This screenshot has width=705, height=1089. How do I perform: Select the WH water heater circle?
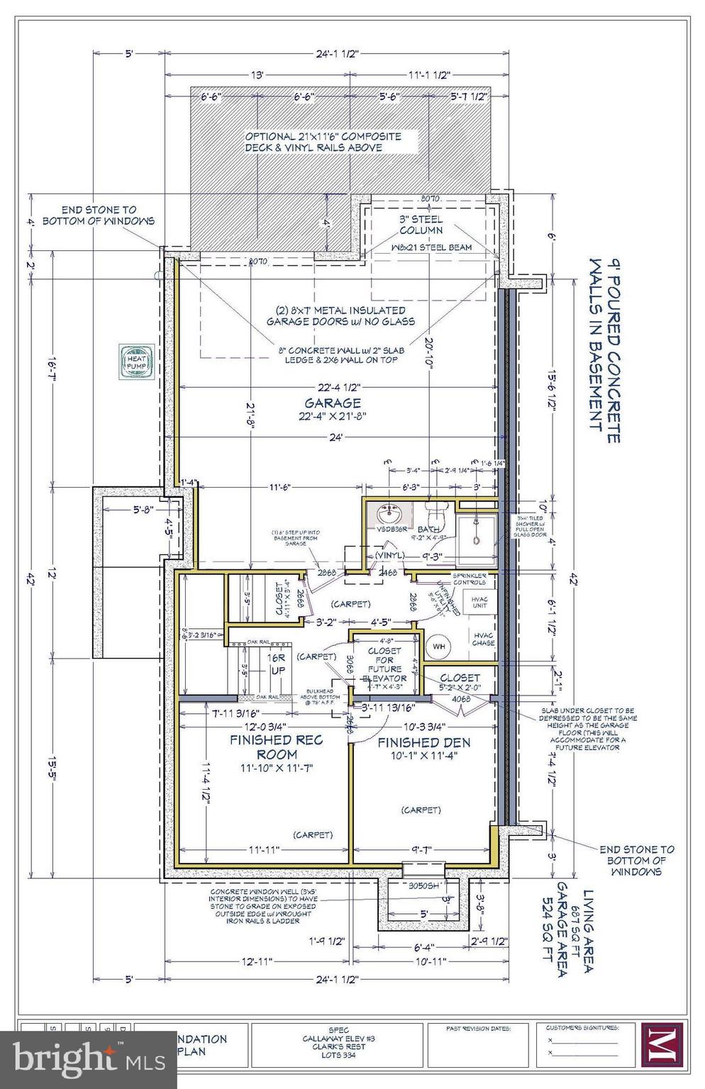[x=439, y=647]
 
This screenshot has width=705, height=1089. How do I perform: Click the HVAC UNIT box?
[x=479, y=603]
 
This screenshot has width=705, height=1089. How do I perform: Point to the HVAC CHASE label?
[x=483, y=638]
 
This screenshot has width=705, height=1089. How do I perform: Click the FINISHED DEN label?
[x=423, y=743]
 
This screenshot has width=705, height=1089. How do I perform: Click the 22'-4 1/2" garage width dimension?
[x=338, y=387]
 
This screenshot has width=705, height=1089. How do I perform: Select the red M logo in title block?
[x=661, y=1045]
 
